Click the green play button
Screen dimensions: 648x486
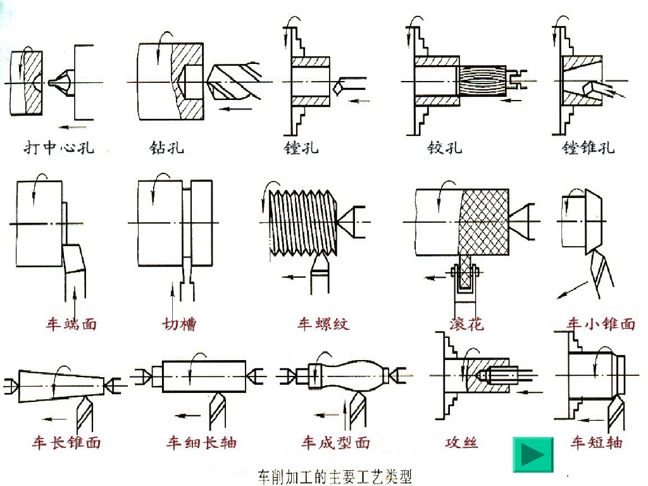point(533,454)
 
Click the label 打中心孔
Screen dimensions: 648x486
point(59,147)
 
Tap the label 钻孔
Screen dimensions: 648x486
point(166,147)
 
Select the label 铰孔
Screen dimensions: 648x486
point(445,147)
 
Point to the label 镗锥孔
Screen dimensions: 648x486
point(588,147)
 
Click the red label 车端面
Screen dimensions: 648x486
point(72,324)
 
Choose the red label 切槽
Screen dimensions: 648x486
point(179,324)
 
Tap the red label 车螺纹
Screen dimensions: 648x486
point(323,324)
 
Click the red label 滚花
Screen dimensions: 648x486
point(466,324)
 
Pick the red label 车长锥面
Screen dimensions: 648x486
point(66,442)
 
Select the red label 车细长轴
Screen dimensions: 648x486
point(202,442)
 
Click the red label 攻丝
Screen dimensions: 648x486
point(461,442)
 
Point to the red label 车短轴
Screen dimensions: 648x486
point(596,442)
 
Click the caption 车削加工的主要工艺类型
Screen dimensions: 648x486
point(335,477)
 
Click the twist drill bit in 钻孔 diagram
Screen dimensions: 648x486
point(234,82)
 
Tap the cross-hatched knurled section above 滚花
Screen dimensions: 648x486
point(483,222)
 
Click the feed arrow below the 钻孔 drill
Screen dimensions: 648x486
point(235,109)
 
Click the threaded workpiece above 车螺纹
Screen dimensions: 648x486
point(303,223)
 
